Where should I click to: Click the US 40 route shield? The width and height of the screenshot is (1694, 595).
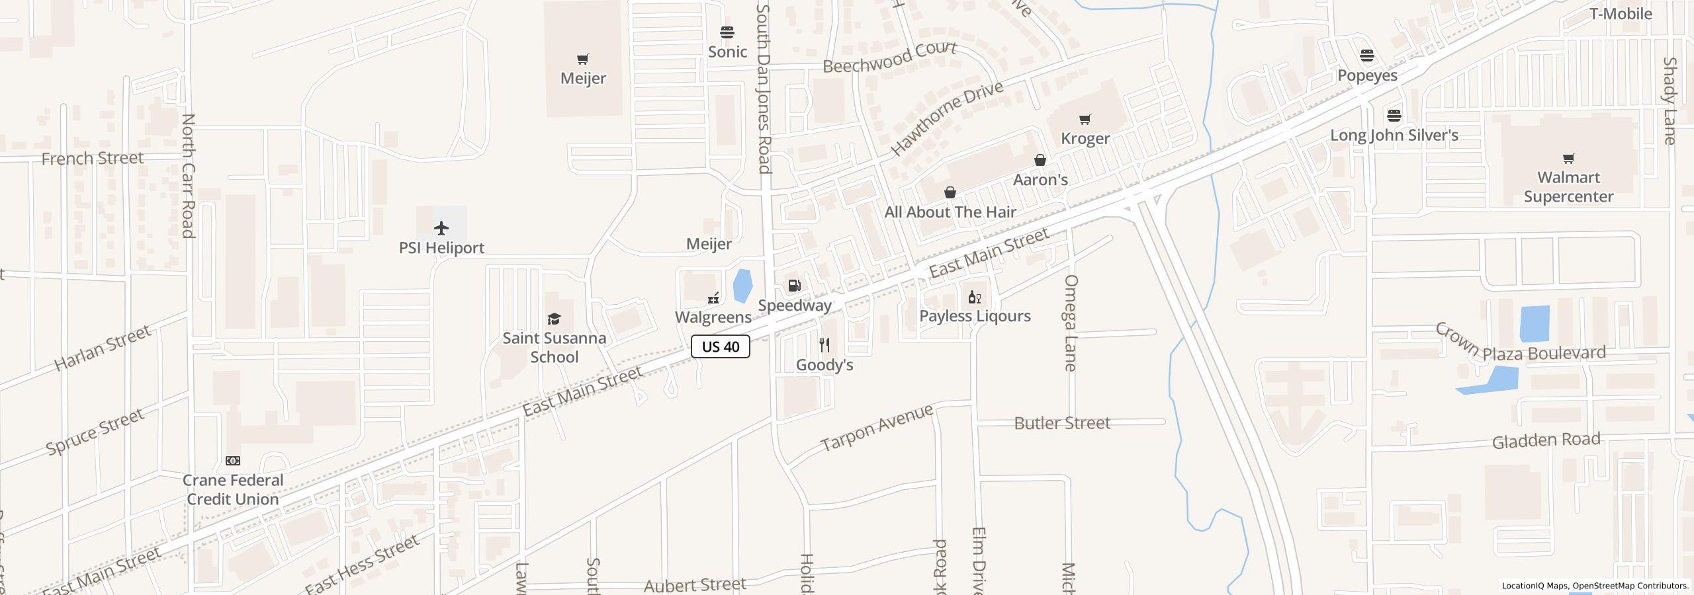pos(720,346)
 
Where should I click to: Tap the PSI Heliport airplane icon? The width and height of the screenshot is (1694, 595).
pos(441,228)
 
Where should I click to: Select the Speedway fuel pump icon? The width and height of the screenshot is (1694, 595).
pos(794,286)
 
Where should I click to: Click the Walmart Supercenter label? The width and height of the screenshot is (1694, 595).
pos(1568,187)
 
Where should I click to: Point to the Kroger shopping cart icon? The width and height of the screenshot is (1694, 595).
pos(1085,120)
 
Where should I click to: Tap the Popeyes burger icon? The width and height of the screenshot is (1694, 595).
pos(1367,56)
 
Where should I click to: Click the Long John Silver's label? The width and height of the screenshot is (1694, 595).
pos(1394,136)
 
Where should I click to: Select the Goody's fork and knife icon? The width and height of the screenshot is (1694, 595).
pos(825,345)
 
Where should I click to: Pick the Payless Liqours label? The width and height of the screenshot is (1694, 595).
pos(975,316)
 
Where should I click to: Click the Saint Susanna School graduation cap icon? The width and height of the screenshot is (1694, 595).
pos(554,319)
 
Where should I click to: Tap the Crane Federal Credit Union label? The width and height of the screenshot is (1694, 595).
pos(232,490)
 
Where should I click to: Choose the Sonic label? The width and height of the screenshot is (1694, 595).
pos(727,52)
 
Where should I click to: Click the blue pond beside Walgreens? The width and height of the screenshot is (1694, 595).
pos(742,286)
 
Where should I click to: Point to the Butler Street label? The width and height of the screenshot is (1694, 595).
pos(1062,423)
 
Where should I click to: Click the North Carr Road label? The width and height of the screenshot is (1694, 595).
pos(189,175)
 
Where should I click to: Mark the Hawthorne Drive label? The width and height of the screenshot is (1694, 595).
pos(947,118)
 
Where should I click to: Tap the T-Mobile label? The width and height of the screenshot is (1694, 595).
pos(1621,14)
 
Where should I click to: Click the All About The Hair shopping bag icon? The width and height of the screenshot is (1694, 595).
pos(950,192)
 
